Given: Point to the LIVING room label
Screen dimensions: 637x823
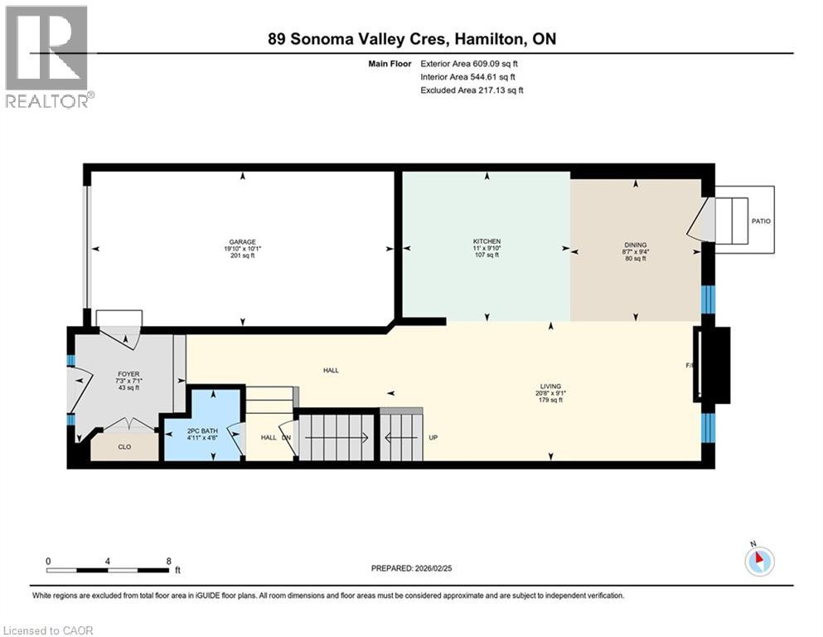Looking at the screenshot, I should pyautogui.click(x=549, y=386).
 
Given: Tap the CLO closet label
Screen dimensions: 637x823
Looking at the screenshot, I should pyautogui.click(x=124, y=446).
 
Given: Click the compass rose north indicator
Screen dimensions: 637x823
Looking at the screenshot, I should pyautogui.click(x=759, y=560).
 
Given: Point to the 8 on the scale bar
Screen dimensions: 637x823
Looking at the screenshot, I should pyautogui.click(x=169, y=561).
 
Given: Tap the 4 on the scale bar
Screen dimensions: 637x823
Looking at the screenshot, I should pyautogui.click(x=109, y=561).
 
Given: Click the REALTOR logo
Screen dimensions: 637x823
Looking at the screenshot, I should pyautogui.click(x=47, y=56).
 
